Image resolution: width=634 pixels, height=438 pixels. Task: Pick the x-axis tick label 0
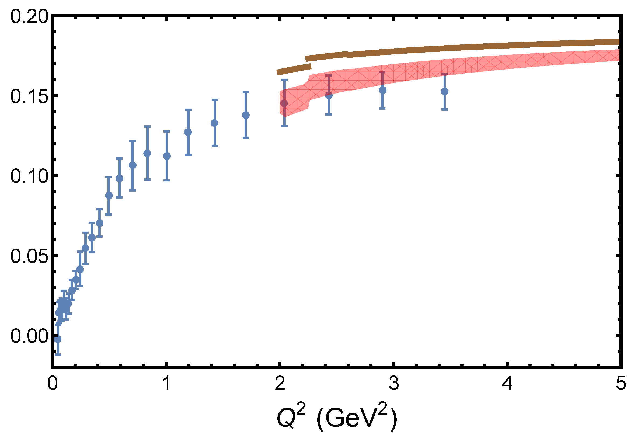(52, 383)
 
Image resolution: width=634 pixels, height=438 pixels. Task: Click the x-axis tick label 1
(166, 383)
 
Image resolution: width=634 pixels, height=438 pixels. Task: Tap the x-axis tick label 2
(280, 383)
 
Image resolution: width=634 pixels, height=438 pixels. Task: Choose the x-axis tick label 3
(394, 383)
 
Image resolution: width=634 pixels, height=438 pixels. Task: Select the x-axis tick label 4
(508, 383)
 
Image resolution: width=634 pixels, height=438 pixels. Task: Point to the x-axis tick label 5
(621, 383)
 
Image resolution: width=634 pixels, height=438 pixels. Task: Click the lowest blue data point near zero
(58, 339)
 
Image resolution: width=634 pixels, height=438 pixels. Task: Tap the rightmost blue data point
(444, 91)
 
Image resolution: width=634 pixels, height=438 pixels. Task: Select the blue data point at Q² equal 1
(167, 156)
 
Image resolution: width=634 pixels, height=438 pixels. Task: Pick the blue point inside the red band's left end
(284, 103)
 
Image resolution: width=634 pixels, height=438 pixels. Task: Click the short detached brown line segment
(294, 70)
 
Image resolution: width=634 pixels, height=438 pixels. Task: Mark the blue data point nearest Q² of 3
(382, 90)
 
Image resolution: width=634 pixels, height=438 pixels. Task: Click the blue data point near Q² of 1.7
(246, 115)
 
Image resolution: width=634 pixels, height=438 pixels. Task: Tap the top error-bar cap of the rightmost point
(444, 74)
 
